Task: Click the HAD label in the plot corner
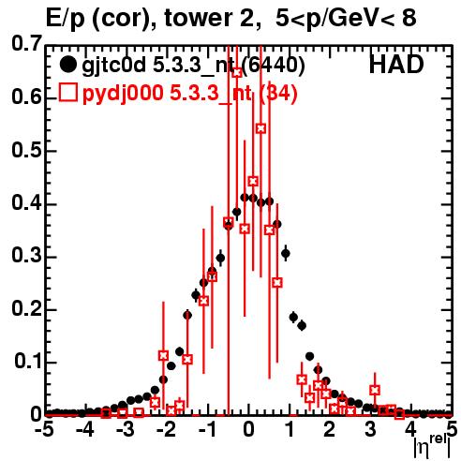(x=396, y=65)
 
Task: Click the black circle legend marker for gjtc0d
(x=67, y=65)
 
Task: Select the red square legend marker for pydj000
(x=67, y=93)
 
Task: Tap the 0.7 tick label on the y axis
(x=27, y=43)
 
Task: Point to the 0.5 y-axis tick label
(x=27, y=151)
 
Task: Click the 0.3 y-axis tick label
(x=27, y=255)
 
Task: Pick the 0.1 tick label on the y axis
(x=29, y=362)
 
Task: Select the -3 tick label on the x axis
(x=126, y=430)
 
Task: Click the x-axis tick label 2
(x=330, y=430)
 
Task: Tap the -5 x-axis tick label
(x=44, y=430)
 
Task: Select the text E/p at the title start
(x=66, y=19)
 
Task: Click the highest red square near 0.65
(x=237, y=72)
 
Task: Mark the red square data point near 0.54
(x=261, y=128)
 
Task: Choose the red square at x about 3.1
(x=375, y=390)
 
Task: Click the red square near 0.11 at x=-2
(x=163, y=355)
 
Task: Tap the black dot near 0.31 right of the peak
(x=286, y=254)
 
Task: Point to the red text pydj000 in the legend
(x=123, y=94)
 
